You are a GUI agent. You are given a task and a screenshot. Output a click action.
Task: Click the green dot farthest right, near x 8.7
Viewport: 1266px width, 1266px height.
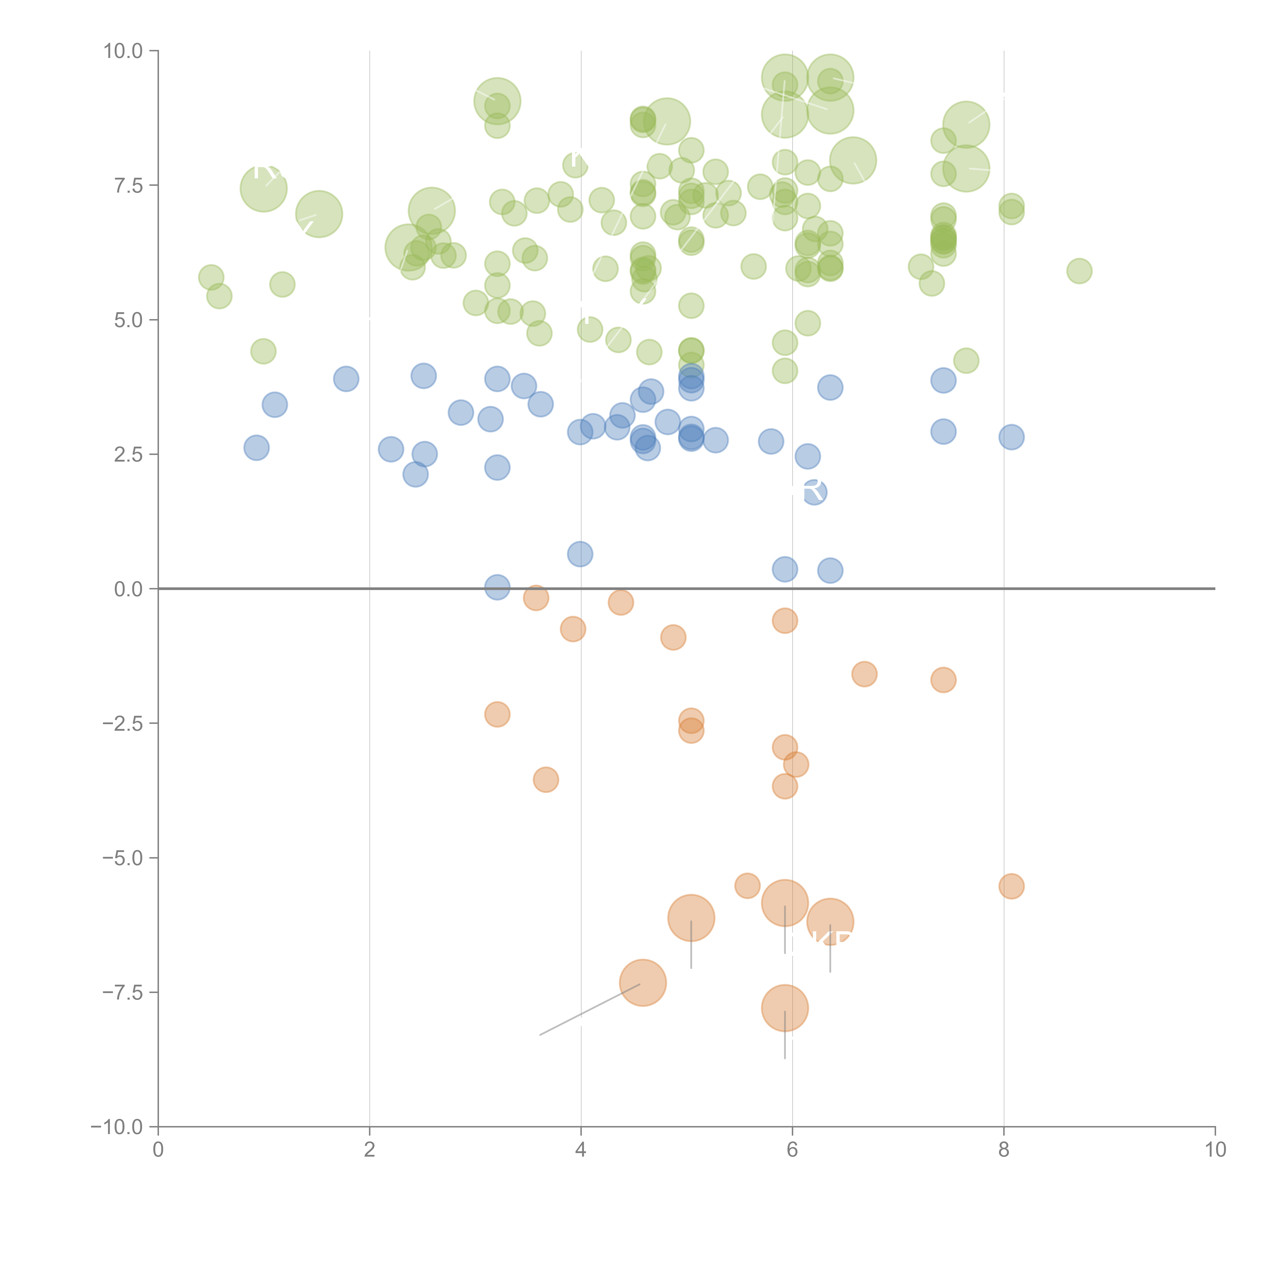[1079, 271]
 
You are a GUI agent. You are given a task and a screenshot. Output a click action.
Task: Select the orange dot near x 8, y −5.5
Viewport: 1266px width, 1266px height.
[1011, 887]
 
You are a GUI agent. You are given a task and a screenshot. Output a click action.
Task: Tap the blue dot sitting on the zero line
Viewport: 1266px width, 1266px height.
[497, 587]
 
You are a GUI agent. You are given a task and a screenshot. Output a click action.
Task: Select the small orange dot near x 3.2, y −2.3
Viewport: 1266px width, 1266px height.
[497, 714]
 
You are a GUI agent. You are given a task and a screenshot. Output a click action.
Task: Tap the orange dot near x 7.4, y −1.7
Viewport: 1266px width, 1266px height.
[943, 680]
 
